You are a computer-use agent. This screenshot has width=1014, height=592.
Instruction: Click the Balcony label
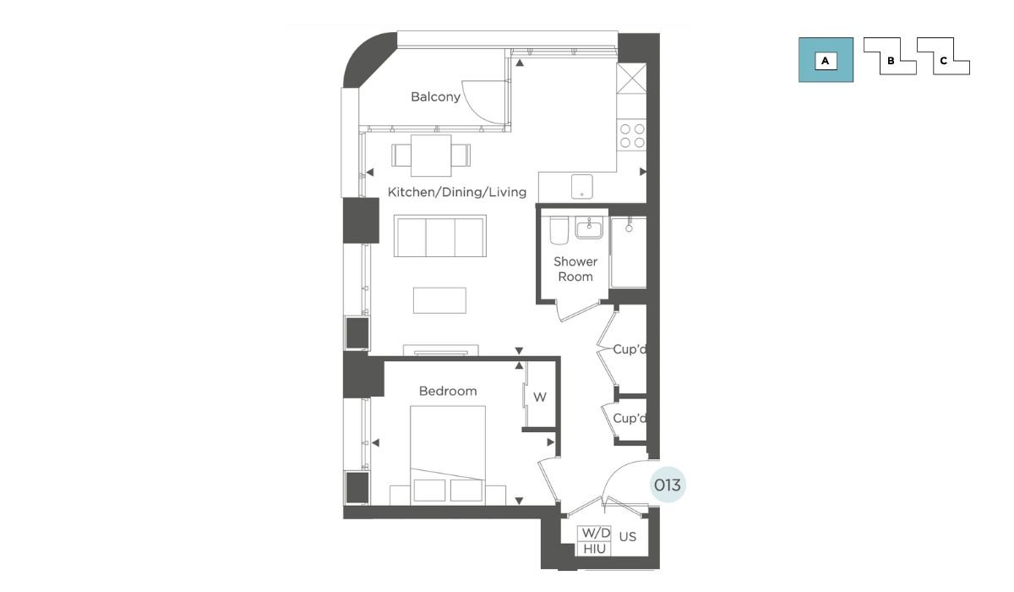pyautogui.click(x=435, y=97)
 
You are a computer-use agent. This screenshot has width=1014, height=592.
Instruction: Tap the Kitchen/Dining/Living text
pyautogui.click(x=457, y=192)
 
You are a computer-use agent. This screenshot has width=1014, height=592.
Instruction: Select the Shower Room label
pyautogui.click(x=575, y=269)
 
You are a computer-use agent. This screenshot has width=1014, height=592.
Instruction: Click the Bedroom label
pyautogui.click(x=448, y=391)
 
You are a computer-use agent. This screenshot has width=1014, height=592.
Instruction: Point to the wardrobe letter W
pyautogui.click(x=540, y=397)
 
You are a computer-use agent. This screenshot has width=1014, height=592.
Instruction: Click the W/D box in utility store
pyautogui.click(x=594, y=533)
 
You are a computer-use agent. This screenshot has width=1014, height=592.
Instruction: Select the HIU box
pyautogui.click(x=594, y=549)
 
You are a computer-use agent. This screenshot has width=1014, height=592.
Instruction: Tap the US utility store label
pyautogui.click(x=627, y=537)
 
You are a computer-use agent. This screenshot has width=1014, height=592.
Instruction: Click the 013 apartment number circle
pyautogui.click(x=668, y=485)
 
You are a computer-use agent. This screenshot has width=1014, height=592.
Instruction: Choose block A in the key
pyautogui.click(x=826, y=60)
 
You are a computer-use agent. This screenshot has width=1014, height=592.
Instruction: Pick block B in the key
pyautogui.click(x=890, y=57)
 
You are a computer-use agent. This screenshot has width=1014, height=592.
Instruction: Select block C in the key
pyautogui.click(x=943, y=57)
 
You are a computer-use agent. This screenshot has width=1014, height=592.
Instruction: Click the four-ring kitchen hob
pyautogui.click(x=632, y=135)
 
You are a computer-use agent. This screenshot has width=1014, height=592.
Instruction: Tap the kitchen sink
pyautogui.click(x=581, y=186)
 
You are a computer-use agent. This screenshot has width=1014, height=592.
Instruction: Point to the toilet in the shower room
pyautogui.click(x=559, y=231)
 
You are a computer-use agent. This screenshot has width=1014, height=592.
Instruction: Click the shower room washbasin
pyautogui.click(x=589, y=227)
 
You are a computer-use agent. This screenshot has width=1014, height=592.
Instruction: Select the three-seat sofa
pyautogui.click(x=440, y=236)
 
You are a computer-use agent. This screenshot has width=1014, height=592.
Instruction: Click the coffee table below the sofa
pyautogui.click(x=439, y=300)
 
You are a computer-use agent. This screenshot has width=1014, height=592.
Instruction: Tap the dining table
pyautogui.click(x=431, y=156)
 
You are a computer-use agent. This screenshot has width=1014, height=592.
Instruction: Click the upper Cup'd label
pyautogui.click(x=630, y=349)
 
